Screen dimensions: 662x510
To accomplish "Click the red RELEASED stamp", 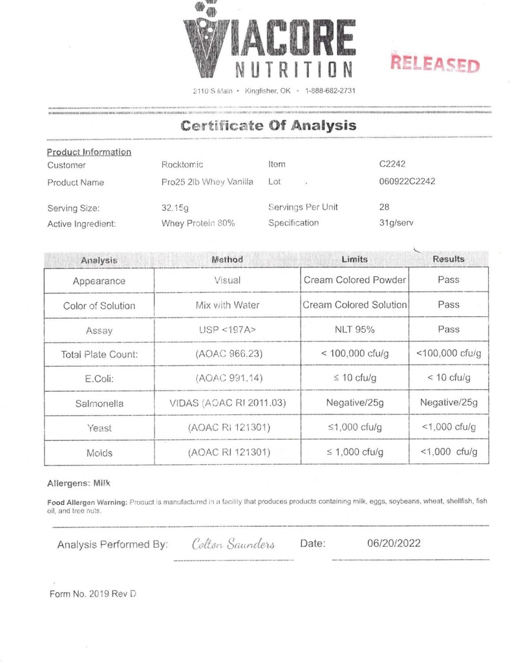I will tap(434, 63).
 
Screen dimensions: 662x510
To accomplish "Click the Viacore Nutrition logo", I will tap(269, 43).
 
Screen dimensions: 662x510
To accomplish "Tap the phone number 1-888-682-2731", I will tap(330, 91).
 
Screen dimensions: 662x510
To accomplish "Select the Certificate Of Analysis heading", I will tap(268, 125).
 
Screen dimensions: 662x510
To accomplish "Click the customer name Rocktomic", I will tap(182, 165).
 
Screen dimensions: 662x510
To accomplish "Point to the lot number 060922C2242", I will tap(407, 181).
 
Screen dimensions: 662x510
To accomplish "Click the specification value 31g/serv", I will tap(396, 223).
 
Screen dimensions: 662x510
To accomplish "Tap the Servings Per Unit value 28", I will tap(385, 207).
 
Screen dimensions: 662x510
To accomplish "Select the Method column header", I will tap(228, 259).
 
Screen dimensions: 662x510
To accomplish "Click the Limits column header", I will tap(354, 259).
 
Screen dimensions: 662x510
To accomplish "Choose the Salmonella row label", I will tap(99, 403).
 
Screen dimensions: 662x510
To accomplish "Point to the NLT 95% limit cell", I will tap(354, 330).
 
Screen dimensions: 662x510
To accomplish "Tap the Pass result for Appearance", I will tap(449, 280).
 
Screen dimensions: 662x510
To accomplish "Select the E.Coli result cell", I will tap(449, 378).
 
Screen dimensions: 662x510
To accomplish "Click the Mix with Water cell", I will tap(228, 305).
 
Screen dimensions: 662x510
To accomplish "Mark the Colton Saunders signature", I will tap(233, 544).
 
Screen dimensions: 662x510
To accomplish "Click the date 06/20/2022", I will tap(394, 543).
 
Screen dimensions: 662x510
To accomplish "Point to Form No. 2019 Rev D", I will tap(93, 593).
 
